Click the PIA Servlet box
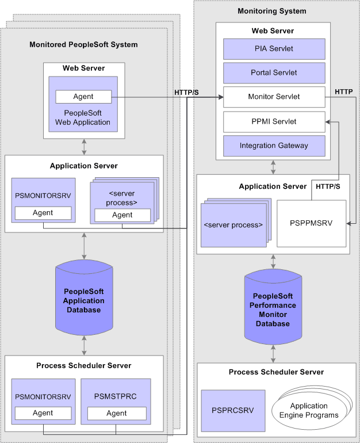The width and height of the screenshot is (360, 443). [274, 49]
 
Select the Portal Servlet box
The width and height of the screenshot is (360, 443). [274, 73]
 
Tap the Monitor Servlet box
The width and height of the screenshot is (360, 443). [274, 97]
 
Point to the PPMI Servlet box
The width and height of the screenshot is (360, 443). [274, 121]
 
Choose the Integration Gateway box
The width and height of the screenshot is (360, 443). [274, 146]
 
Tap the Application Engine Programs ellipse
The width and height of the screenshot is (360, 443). [308, 411]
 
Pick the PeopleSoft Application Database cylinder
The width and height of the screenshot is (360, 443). [84, 300]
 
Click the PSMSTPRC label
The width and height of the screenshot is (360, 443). [116, 396]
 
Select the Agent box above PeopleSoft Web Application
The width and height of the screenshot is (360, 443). [83, 97]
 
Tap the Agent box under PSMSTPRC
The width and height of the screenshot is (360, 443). [116, 413]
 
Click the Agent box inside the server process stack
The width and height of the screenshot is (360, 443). [122, 215]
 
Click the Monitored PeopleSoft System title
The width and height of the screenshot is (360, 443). [83, 44]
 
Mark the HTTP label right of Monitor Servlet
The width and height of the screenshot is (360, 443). [344, 91]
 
